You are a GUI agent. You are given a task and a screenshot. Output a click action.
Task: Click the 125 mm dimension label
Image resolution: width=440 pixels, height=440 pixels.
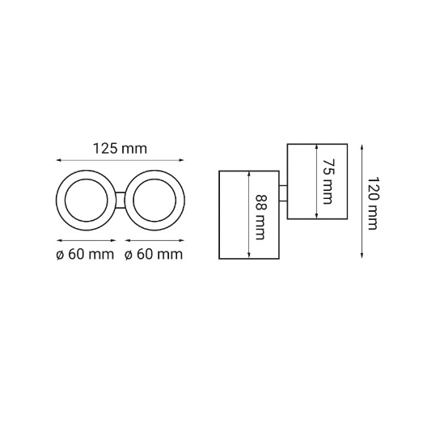pyautogui.click(x=120, y=149)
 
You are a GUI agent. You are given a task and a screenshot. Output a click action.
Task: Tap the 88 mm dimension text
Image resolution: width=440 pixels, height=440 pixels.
pyautogui.click(x=260, y=217)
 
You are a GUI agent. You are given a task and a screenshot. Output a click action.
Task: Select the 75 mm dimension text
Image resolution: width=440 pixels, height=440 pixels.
pyautogui.click(x=328, y=181)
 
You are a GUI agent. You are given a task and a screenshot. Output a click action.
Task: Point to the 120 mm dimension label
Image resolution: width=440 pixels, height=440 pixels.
pyautogui.click(x=374, y=204)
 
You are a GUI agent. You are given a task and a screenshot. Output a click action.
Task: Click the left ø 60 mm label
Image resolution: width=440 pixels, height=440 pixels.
pyautogui.click(x=85, y=255)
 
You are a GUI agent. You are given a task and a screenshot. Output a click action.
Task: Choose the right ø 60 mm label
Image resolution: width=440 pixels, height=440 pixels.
pyautogui.click(x=154, y=255)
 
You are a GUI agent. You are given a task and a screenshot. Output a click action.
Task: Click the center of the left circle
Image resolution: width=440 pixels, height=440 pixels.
pyautogui.click(x=87, y=200)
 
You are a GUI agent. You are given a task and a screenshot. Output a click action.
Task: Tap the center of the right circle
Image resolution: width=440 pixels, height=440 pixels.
pyautogui.click(x=154, y=200)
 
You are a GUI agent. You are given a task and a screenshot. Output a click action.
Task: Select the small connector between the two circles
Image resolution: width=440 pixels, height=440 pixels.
pyautogui.click(x=121, y=200)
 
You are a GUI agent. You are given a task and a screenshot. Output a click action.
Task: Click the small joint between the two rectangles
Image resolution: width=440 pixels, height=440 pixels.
pyautogui.click(x=283, y=193)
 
